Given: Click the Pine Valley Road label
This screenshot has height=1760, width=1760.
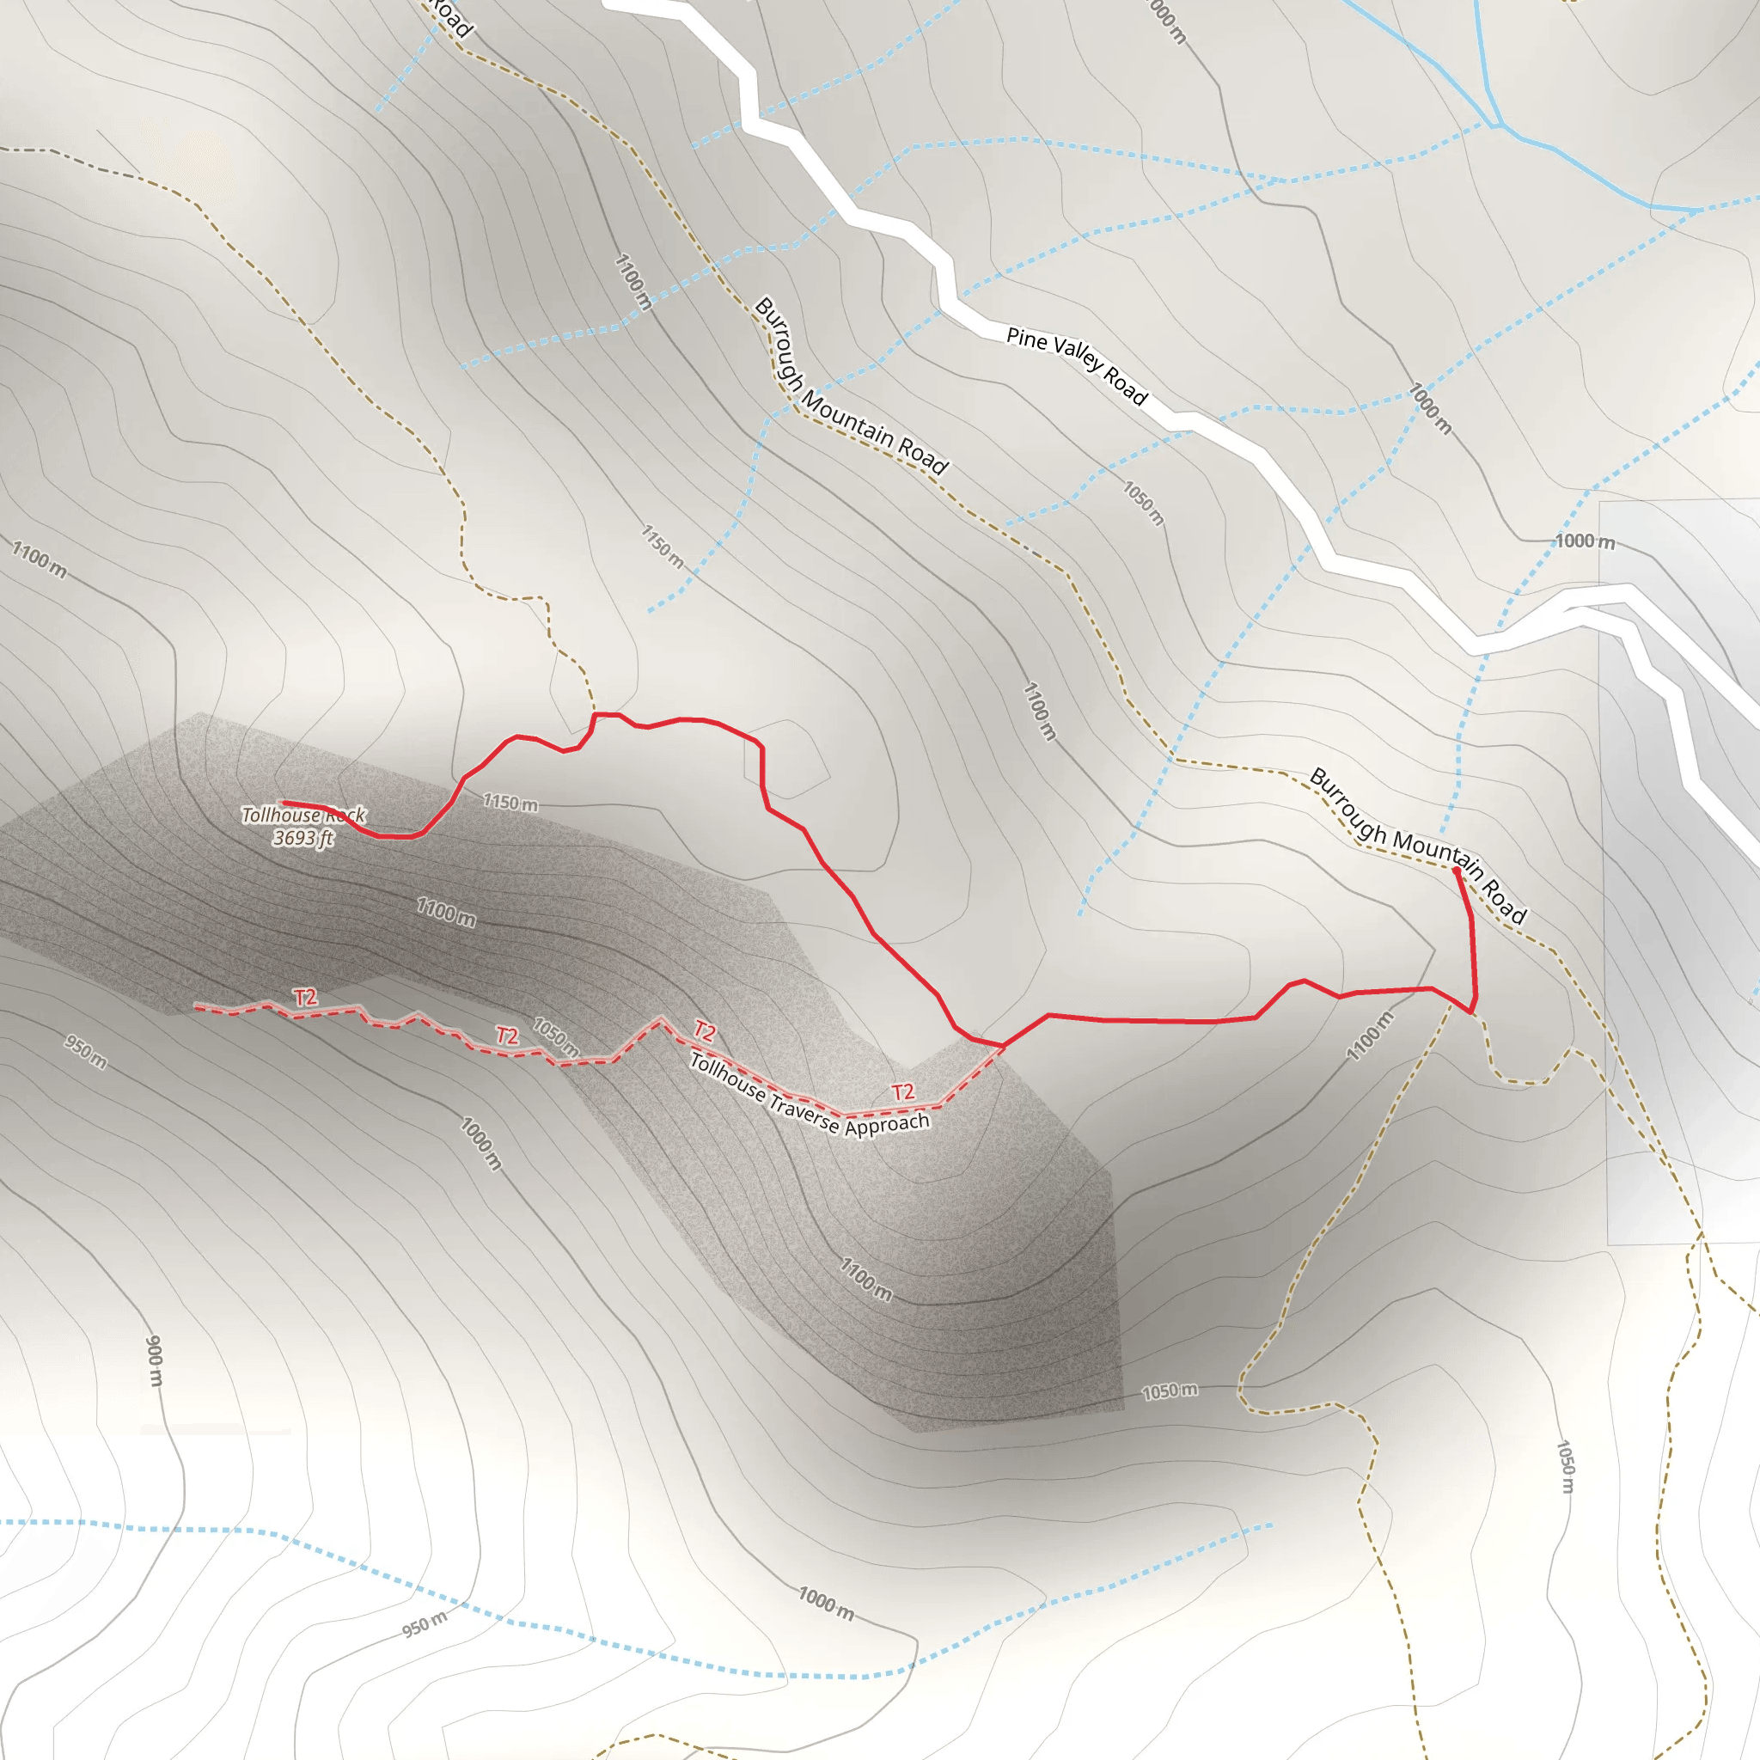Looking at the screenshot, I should coord(1076,364).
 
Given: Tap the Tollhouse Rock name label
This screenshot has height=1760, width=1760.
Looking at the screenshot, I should coord(303,815).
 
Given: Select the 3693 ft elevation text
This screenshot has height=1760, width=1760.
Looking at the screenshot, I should coord(303,837).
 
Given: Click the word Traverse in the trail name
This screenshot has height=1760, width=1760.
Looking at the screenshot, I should coord(804,1109).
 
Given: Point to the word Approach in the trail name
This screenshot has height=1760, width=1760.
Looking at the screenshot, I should coord(886,1124).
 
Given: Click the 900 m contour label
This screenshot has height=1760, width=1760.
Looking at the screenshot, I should coord(155,1361).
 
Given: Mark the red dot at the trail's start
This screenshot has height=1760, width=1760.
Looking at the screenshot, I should coord(1456,871).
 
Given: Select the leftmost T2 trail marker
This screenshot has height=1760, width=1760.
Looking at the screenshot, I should coord(305,998).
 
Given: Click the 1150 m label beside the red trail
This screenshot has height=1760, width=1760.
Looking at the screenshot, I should coord(510,803).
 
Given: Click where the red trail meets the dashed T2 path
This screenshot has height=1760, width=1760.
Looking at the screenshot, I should coord(1003,1046).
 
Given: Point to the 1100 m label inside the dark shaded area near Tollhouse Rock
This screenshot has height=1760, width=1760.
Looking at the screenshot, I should coord(446,911).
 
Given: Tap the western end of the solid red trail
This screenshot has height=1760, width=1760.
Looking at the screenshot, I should coord(284,803).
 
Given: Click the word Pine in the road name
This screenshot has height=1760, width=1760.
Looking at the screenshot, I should coord(1027,338).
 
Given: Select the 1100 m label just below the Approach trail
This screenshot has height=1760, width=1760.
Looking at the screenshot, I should coord(865,1279).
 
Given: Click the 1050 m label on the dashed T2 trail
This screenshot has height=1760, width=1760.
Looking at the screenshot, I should coord(556,1037).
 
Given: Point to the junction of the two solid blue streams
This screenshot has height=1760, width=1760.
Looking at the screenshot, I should coord(1495,124).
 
